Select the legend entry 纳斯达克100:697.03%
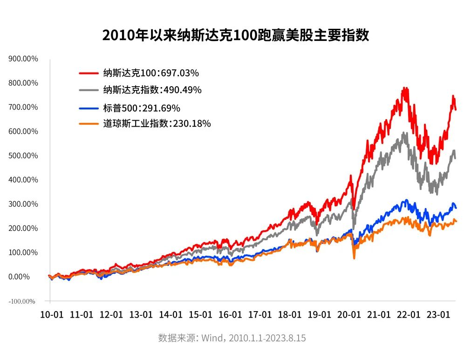[x=151, y=73]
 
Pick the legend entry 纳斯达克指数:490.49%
[x=152, y=90]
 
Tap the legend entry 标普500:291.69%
[x=142, y=108]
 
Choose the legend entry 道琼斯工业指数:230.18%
[x=157, y=124]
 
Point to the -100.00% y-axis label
[x=21, y=301]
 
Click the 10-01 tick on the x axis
[x=50, y=314]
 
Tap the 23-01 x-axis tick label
[x=438, y=314]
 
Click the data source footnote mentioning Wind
[x=232, y=338]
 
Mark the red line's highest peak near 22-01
[x=404, y=88]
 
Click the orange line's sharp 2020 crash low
[x=354, y=258]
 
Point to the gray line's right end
[x=455, y=158]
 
